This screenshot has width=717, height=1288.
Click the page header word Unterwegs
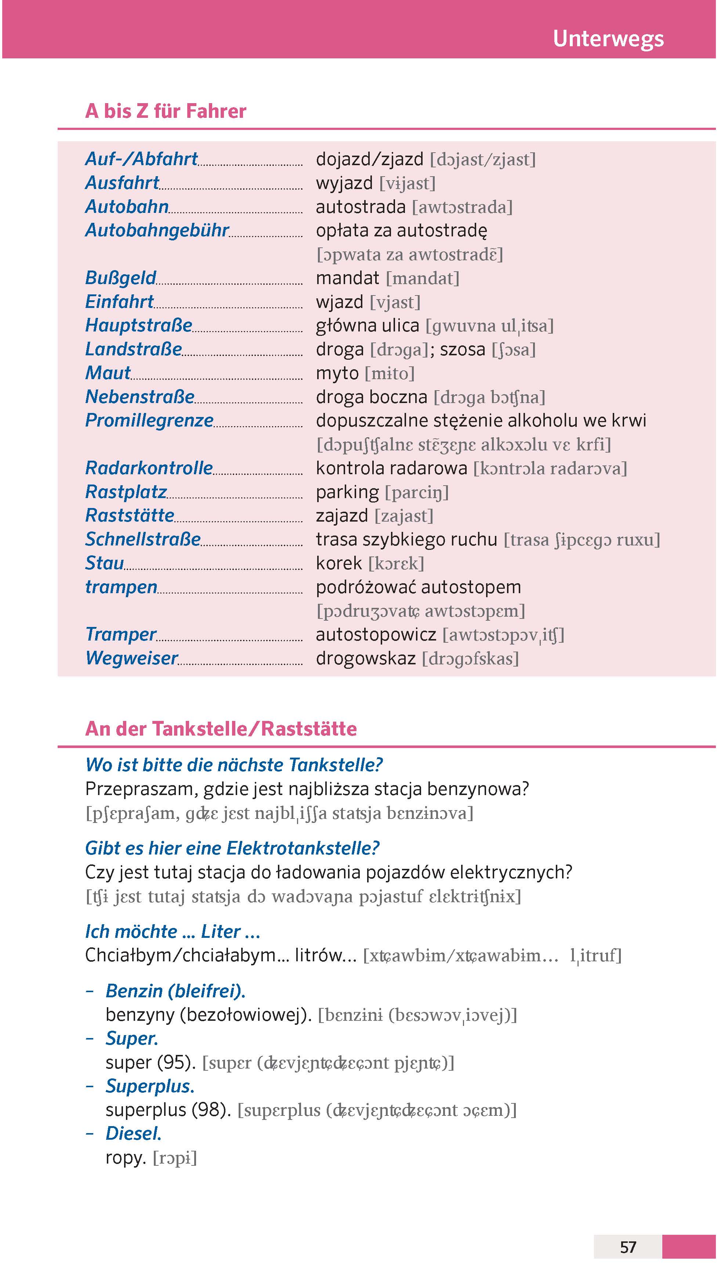pos(608,39)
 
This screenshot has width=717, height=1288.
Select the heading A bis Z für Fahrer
pos(166,111)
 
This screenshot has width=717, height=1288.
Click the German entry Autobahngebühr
pos(157,231)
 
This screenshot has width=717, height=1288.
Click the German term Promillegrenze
pos(149,421)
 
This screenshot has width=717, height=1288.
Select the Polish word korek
pos(338,563)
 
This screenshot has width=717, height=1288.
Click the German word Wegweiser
pos(131,658)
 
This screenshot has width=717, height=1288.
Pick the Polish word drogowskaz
pos(366,658)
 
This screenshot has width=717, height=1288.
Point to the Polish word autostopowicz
pos(376,635)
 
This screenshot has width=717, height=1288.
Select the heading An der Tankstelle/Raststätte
pos(221,729)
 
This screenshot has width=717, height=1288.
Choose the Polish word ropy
pos(125,1157)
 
